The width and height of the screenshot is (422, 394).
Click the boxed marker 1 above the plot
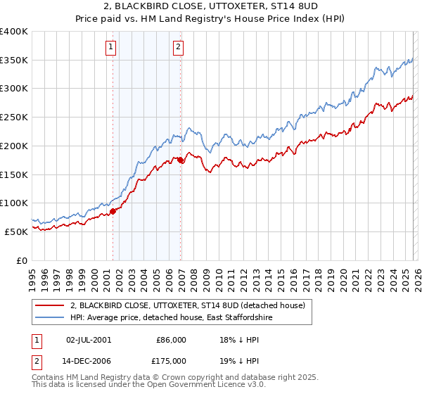click(112, 47)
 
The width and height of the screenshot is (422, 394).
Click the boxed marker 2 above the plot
click(179, 47)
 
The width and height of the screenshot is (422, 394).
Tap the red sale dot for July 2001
click(113, 210)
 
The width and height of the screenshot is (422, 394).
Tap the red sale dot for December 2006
click(181, 160)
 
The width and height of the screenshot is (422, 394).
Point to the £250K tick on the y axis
click(14, 117)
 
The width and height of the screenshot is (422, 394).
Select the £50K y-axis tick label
click(16, 231)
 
